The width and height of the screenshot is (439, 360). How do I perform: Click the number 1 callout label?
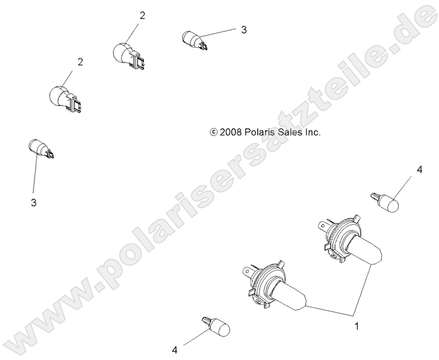click(357, 325)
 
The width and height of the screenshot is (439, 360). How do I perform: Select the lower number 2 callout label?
click(80, 62)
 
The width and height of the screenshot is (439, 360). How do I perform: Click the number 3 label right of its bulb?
click(244, 30)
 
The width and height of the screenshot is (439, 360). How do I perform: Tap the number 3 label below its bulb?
click(33, 203)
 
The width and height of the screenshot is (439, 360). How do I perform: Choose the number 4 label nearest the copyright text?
click(419, 170)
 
